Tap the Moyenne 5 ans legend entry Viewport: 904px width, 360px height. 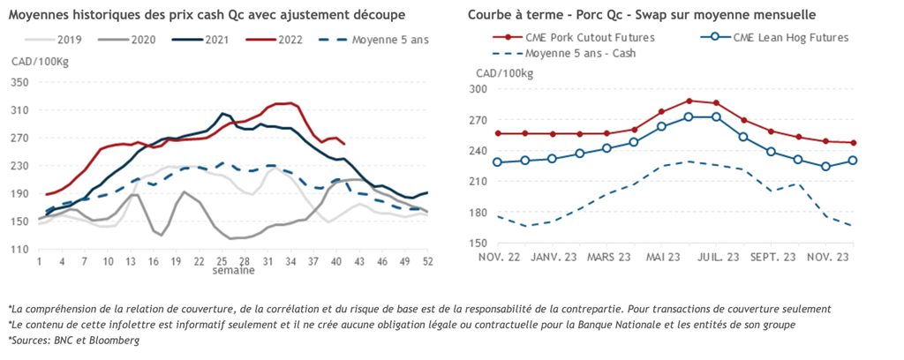click(x=385, y=41)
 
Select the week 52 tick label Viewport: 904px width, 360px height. click(x=427, y=262)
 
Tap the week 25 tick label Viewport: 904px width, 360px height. click(x=222, y=262)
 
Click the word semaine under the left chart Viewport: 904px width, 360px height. click(x=233, y=271)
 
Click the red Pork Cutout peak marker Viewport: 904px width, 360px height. click(x=689, y=101)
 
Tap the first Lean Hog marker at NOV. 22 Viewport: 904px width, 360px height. click(x=499, y=162)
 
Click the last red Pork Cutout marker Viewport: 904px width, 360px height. click(x=853, y=143)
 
